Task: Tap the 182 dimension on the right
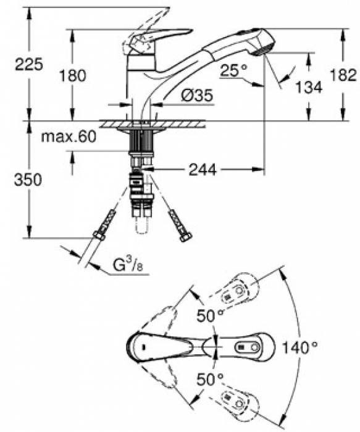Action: click(x=345, y=75)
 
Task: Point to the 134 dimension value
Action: click(x=309, y=87)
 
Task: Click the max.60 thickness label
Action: click(x=69, y=137)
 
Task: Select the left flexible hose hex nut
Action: click(x=99, y=235)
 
